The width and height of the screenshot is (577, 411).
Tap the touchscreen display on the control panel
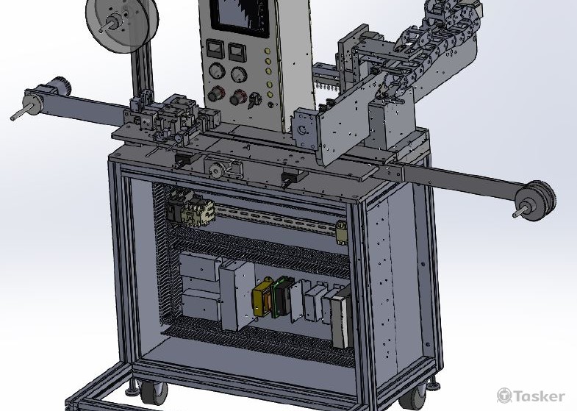[240, 17]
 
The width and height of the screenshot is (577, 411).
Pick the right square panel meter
[236, 52]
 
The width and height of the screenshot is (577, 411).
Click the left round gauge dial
[217, 71]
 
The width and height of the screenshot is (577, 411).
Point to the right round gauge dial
[239, 75]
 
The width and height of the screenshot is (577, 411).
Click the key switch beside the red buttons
[254, 100]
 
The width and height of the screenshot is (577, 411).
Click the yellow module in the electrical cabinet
[261, 299]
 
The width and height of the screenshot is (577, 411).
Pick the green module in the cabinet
[282, 297]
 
